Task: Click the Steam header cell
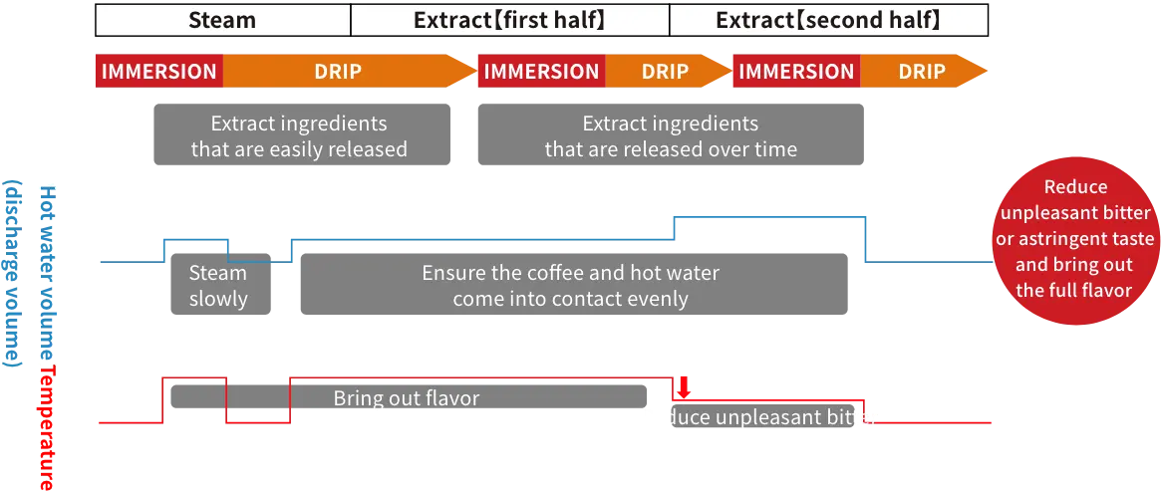point(222,20)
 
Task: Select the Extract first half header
point(509,20)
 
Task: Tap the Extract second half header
point(828,20)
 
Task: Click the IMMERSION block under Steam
point(158,72)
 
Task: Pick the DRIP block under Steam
point(339,72)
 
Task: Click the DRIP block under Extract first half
point(665,72)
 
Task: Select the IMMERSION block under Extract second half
point(796,72)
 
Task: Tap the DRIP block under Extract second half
point(921,72)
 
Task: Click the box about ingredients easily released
point(299,136)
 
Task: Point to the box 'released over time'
point(670,136)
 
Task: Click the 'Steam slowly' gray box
point(218,286)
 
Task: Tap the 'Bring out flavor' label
point(407,398)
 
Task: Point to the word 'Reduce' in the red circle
point(1074,187)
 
